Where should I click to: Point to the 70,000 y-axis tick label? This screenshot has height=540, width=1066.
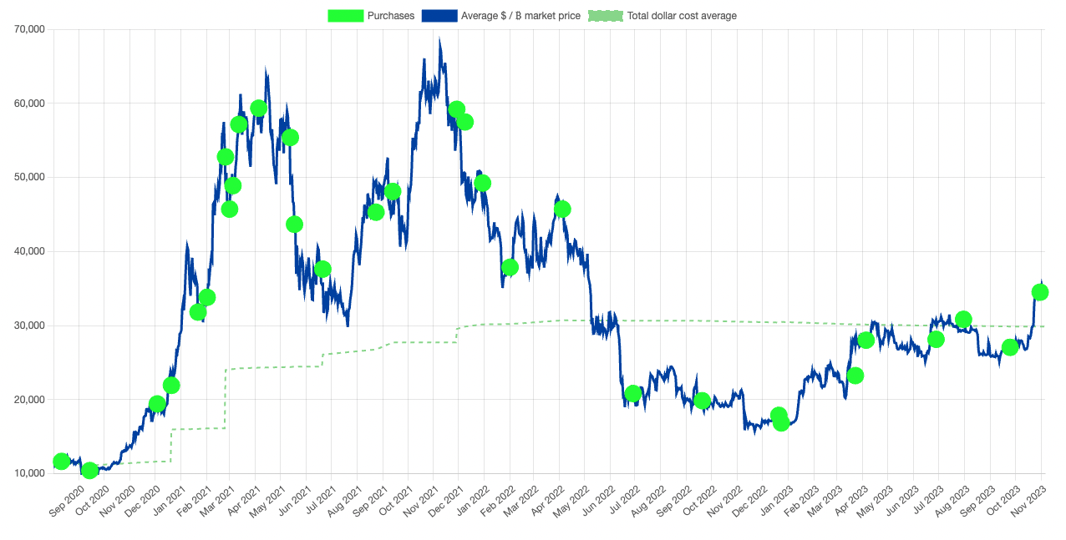30,30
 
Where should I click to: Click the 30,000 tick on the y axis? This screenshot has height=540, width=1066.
30,326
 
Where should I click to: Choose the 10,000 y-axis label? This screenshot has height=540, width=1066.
30,473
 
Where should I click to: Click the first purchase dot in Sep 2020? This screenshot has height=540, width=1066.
61,462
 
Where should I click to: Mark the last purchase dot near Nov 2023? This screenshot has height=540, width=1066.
1040,292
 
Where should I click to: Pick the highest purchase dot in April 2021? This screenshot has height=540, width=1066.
259,109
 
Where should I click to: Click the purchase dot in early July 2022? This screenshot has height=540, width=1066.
632,393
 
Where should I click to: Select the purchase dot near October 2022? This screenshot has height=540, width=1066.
702,401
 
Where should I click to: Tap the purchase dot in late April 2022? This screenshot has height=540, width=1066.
562,209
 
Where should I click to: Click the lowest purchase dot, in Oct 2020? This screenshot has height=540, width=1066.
89,471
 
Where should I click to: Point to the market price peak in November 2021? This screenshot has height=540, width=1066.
439,39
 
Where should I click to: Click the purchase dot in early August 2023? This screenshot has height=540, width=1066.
963,319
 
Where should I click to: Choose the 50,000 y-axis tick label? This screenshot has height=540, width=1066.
30,178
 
